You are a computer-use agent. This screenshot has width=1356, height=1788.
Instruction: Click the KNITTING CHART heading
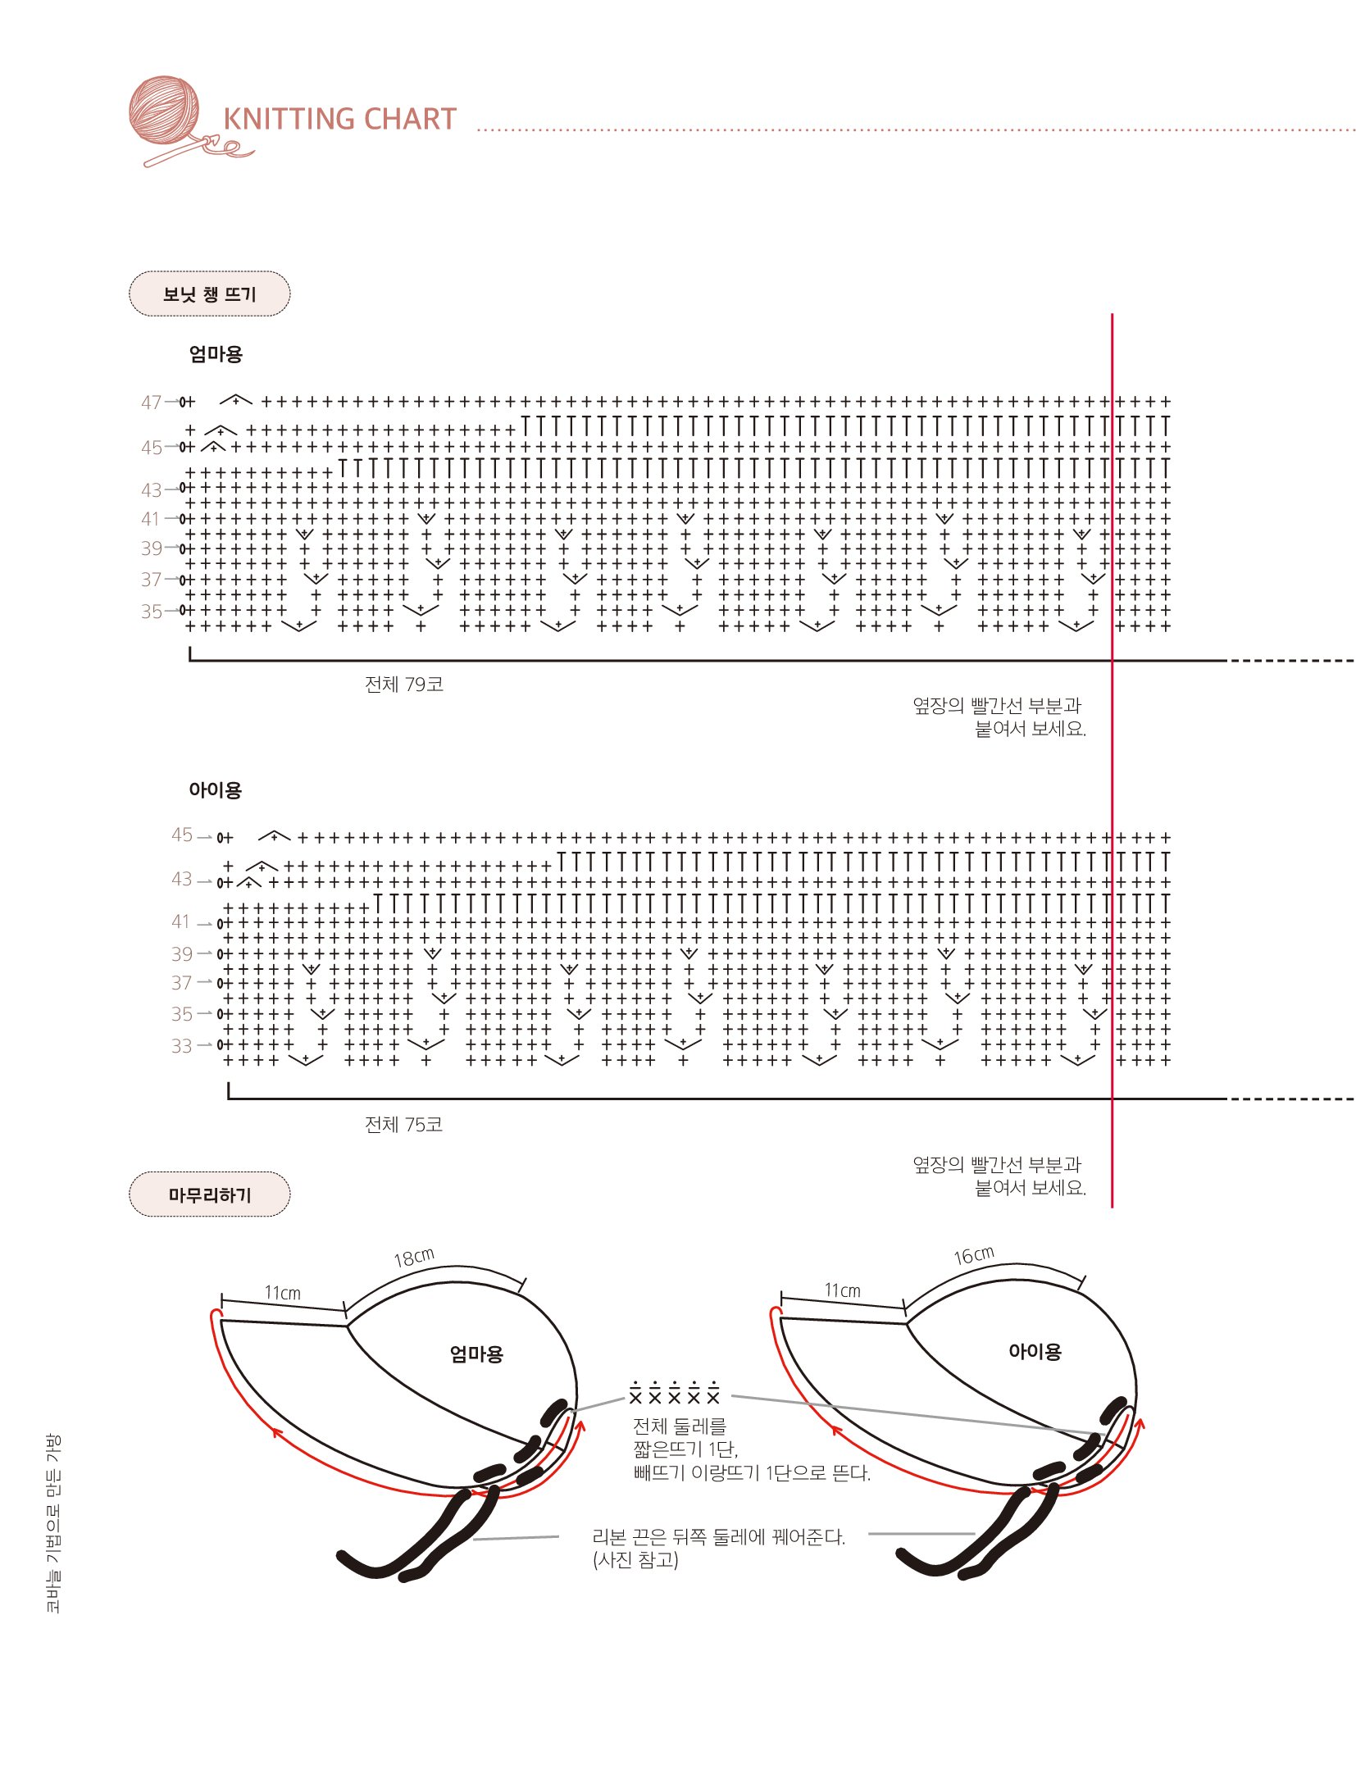[x=339, y=119]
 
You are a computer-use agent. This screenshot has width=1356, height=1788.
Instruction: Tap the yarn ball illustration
[x=164, y=111]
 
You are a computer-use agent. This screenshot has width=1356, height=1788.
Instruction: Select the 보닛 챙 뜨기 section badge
[x=209, y=293]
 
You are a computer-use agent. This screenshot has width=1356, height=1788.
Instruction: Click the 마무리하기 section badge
[x=209, y=1194]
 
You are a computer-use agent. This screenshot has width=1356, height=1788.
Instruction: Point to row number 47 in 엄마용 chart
[x=151, y=403]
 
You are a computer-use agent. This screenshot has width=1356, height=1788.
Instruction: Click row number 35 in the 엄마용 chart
[x=151, y=612]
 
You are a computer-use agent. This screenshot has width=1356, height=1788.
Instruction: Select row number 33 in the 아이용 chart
[x=181, y=1046]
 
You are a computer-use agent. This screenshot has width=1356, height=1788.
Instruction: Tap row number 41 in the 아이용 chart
[x=181, y=921]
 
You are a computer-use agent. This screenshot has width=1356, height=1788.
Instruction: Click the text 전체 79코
[x=403, y=685]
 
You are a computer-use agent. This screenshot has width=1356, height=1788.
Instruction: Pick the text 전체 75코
[x=403, y=1124]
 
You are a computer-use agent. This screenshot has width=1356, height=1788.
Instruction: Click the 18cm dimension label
[x=414, y=1258]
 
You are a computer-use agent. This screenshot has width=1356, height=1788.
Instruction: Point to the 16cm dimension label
[x=974, y=1255]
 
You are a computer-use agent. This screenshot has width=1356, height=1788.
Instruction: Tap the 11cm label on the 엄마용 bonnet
[x=282, y=1293]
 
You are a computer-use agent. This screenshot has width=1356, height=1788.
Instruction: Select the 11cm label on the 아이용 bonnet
[x=842, y=1290]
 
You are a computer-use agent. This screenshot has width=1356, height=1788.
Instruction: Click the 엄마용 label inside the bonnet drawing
[x=476, y=1354]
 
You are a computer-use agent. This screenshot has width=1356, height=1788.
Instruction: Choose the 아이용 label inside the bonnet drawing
[x=1035, y=1351]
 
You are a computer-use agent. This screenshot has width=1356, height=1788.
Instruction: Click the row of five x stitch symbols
[x=674, y=1393]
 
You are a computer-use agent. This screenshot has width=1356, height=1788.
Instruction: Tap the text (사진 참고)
[x=635, y=1560]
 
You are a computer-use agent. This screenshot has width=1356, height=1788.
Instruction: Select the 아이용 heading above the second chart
[x=215, y=789]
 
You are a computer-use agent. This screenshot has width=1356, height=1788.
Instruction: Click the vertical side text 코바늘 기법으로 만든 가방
[x=52, y=1523]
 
